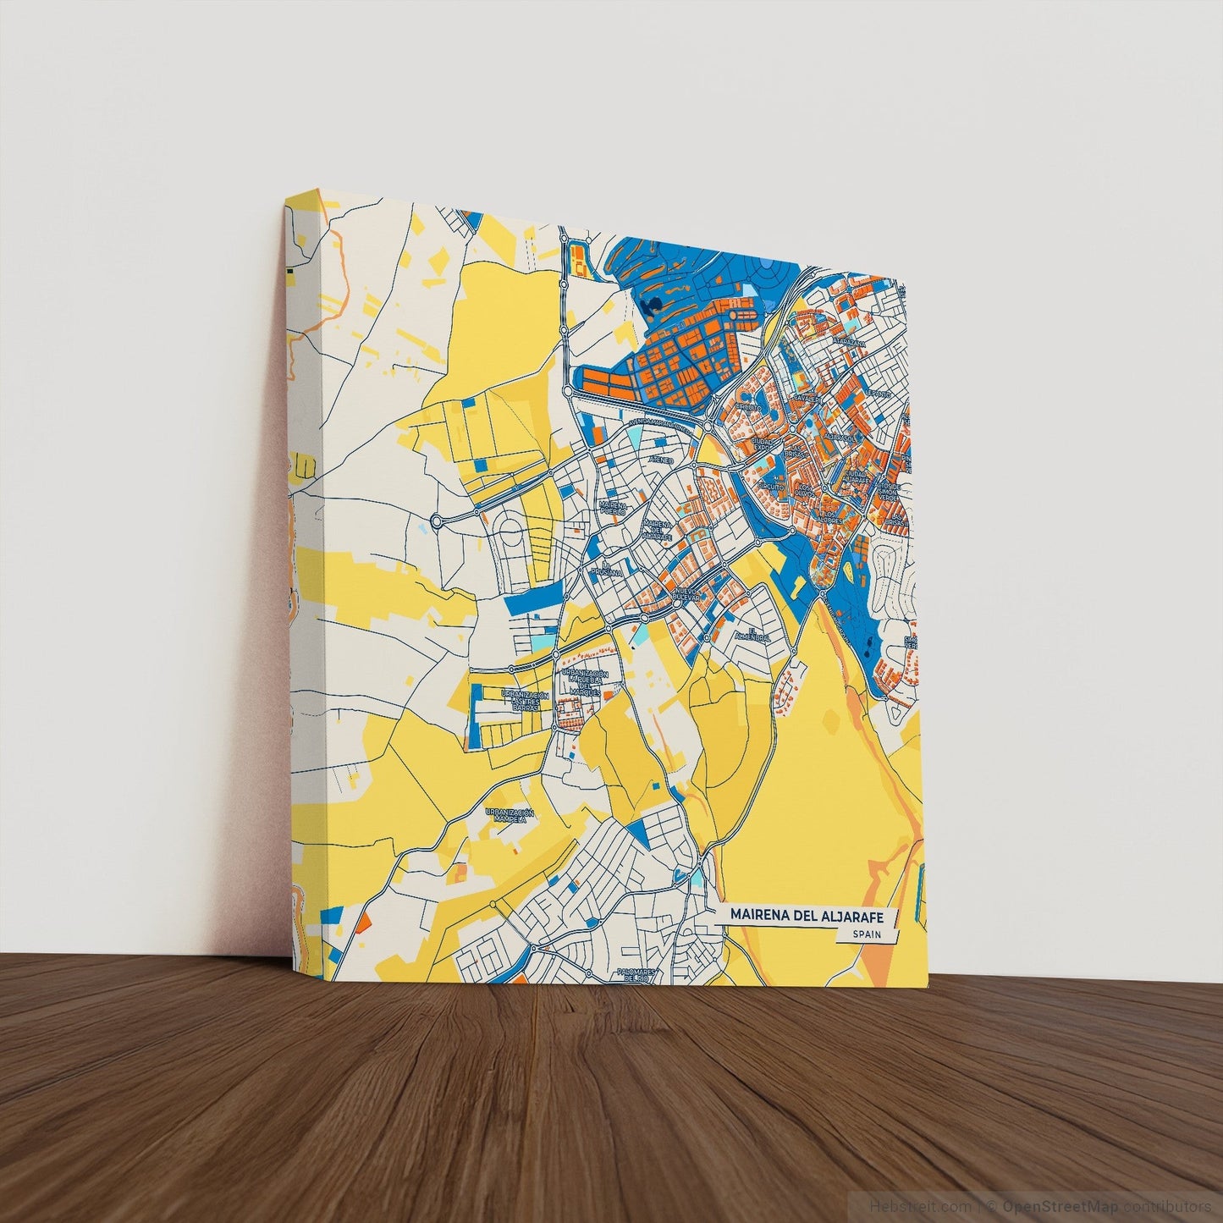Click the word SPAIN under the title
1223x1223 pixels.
pos(867,934)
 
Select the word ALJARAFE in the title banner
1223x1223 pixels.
pos(856,915)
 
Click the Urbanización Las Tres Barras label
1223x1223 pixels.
pos(525,701)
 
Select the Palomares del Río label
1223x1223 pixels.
pos(636,975)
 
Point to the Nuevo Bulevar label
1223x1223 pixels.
pos(686,592)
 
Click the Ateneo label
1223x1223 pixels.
pos(660,459)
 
